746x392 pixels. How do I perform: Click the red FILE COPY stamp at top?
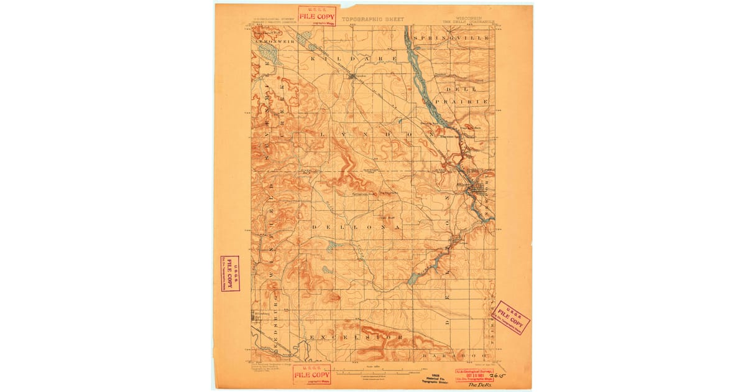(316, 15)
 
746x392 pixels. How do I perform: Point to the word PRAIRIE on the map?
(462, 100)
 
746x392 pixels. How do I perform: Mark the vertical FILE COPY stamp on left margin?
(230, 273)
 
